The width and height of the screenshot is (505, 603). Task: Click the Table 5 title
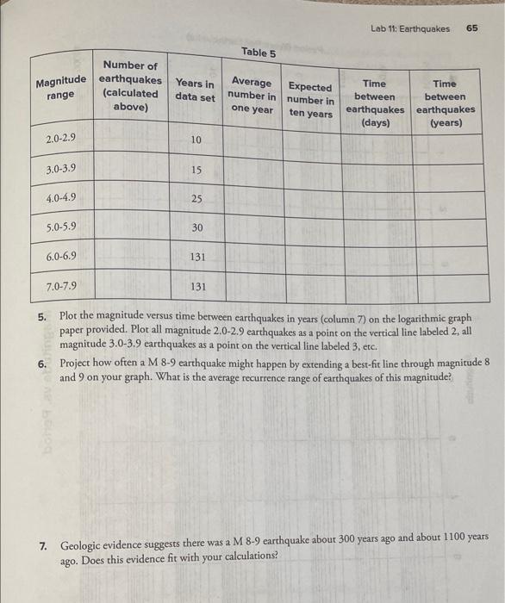pyautogui.click(x=259, y=52)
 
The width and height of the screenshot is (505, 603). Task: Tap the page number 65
pyautogui.click(x=472, y=28)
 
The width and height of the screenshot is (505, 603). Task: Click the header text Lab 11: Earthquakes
pyautogui.click(x=410, y=28)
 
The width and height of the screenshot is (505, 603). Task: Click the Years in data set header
pyautogui.click(x=196, y=90)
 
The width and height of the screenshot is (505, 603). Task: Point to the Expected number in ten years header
pyautogui.click(x=310, y=100)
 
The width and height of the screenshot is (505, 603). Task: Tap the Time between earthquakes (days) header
pyautogui.click(x=375, y=103)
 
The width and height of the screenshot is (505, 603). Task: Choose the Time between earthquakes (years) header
pyautogui.click(x=445, y=103)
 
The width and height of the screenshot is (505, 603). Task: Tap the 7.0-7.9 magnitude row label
pyautogui.click(x=62, y=285)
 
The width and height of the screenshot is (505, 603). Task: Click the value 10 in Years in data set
pyautogui.click(x=196, y=140)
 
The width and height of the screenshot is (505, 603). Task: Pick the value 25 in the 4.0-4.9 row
pyautogui.click(x=196, y=199)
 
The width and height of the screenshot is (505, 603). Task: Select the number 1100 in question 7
pyautogui.click(x=455, y=537)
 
